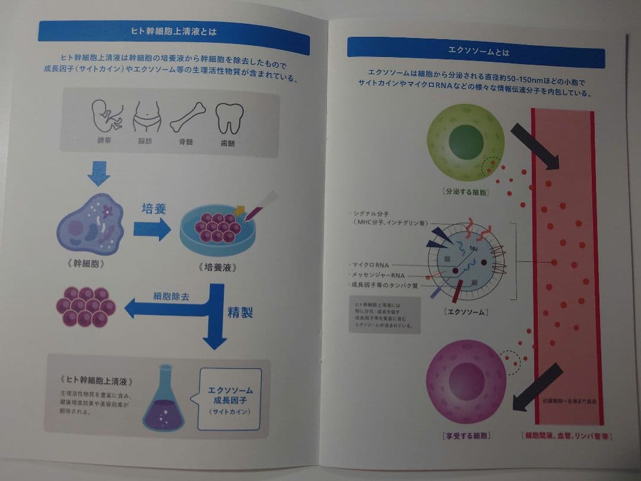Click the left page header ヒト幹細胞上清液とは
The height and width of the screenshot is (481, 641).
pos(173,33)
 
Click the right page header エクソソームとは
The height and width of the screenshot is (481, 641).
pos(476,52)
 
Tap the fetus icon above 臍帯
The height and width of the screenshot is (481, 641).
pos(107,116)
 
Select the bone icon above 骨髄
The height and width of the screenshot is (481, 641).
pos(188,118)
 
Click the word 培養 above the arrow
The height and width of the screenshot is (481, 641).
pos(154,209)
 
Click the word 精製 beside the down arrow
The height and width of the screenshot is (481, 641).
pos(240,312)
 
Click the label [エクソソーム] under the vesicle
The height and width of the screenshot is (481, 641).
pos(465,312)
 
